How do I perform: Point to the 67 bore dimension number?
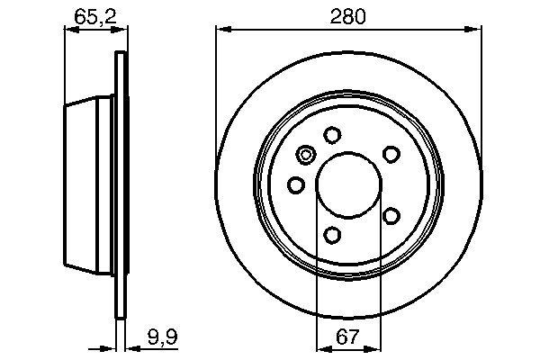coord(347,337)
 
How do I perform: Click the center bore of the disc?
coord(347,184)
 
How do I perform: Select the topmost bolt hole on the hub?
coord(332,135)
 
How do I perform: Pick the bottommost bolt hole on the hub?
coord(333,236)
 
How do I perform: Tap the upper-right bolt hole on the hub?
coord(391,155)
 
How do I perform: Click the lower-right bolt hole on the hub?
coord(391,215)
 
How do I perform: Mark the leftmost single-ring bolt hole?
coord(295,185)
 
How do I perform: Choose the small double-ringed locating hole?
coord(305,156)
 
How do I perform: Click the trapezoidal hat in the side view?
coord(90,184)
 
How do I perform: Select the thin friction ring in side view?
coord(120,184)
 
